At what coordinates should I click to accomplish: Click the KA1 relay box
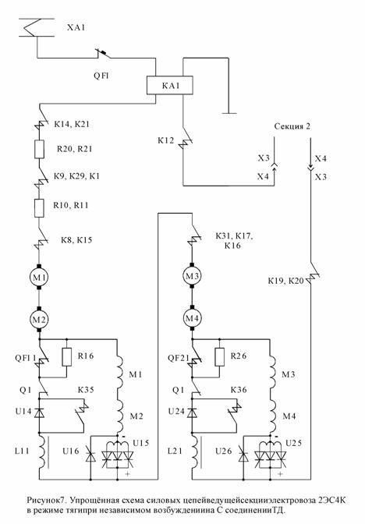pos(170,85)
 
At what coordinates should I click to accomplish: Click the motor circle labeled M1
pos(39,277)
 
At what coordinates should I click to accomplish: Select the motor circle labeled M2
pos(39,319)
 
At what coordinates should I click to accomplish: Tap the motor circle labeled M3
pos(192,276)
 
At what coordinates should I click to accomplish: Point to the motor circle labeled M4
pos(192,318)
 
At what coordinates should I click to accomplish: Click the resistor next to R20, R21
pos(39,149)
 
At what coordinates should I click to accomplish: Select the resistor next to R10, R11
pos(39,208)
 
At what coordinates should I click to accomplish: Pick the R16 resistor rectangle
pos(67,357)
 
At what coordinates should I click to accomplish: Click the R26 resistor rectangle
pos(220,357)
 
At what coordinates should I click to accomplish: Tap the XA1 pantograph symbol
pos(36,27)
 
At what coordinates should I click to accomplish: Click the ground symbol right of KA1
pos(229,113)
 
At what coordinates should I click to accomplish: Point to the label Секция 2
pos(292,126)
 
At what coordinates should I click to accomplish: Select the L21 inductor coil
pos(194,451)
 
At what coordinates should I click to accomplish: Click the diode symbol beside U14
pos(39,412)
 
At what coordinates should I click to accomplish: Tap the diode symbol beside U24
pos(192,412)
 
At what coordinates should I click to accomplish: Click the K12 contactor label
pos(166,140)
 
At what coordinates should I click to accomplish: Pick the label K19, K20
pos(285,281)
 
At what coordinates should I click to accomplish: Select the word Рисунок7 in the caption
pos(48,501)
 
